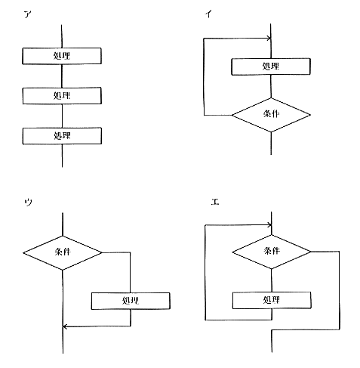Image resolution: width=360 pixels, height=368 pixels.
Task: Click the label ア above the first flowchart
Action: (28, 14)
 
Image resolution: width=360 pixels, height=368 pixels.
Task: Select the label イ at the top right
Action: (208, 14)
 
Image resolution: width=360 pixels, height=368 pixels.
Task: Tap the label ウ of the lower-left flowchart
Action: (28, 202)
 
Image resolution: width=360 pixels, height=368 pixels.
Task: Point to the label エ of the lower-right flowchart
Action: (215, 202)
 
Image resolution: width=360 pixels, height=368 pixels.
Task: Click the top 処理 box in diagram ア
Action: (62, 56)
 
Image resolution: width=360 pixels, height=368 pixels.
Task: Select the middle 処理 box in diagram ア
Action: (62, 96)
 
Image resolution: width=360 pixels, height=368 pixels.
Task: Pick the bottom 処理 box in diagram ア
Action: (62, 136)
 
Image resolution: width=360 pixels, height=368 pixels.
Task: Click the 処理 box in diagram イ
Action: (271, 66)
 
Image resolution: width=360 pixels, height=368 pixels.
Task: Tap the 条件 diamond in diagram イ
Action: (271, 115)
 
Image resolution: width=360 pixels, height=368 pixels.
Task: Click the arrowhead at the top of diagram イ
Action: (269, 39)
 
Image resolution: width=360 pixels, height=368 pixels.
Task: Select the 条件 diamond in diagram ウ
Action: (63, 252)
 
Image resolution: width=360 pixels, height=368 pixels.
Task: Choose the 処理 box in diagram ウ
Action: (131, 301)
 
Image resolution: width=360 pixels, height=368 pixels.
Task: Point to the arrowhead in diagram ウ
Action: (65, 326)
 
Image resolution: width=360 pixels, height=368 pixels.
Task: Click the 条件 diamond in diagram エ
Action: (272, 252)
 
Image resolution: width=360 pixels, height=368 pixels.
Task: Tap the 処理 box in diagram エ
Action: (272, 300)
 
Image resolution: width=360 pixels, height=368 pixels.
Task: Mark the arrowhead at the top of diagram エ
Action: (269, 224)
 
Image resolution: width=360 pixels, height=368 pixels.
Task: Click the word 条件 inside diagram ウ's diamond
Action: (63, 252)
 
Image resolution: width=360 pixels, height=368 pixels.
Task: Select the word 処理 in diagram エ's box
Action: (271, 300)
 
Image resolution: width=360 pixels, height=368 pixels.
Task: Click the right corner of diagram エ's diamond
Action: (311, 252)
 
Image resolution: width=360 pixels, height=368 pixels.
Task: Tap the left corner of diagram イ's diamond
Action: (232, 115)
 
